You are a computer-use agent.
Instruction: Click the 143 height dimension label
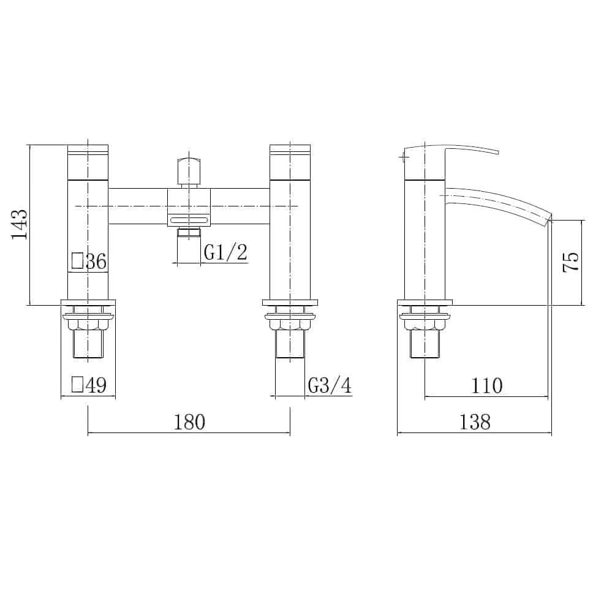(20, 224)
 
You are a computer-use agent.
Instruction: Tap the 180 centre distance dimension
(189, 421)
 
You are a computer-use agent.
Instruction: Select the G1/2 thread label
(225, 252)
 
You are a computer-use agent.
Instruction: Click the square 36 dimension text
(89, 262)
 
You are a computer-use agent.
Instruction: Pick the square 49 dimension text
(89, 385)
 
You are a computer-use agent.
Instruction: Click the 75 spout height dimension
(570, 262)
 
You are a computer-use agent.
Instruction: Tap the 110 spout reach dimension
(486, 385)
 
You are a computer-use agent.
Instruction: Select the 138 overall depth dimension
(475, 421)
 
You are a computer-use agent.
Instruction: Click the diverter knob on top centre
(189, 169)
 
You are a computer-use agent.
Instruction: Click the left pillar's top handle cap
(88, 149)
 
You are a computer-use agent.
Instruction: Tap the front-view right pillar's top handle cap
(290, 149)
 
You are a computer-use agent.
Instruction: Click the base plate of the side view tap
(425, 302)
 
